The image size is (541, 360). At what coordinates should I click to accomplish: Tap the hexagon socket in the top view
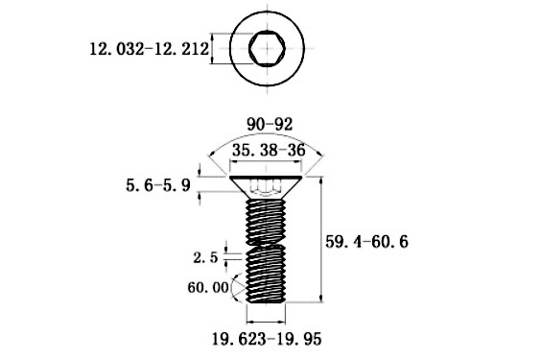266,46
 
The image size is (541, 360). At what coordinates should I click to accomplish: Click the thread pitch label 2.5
204,257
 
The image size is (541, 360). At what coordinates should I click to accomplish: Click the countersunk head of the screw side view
267,186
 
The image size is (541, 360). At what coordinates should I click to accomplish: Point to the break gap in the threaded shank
267,245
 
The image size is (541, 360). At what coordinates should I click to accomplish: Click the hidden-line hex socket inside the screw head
267,185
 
